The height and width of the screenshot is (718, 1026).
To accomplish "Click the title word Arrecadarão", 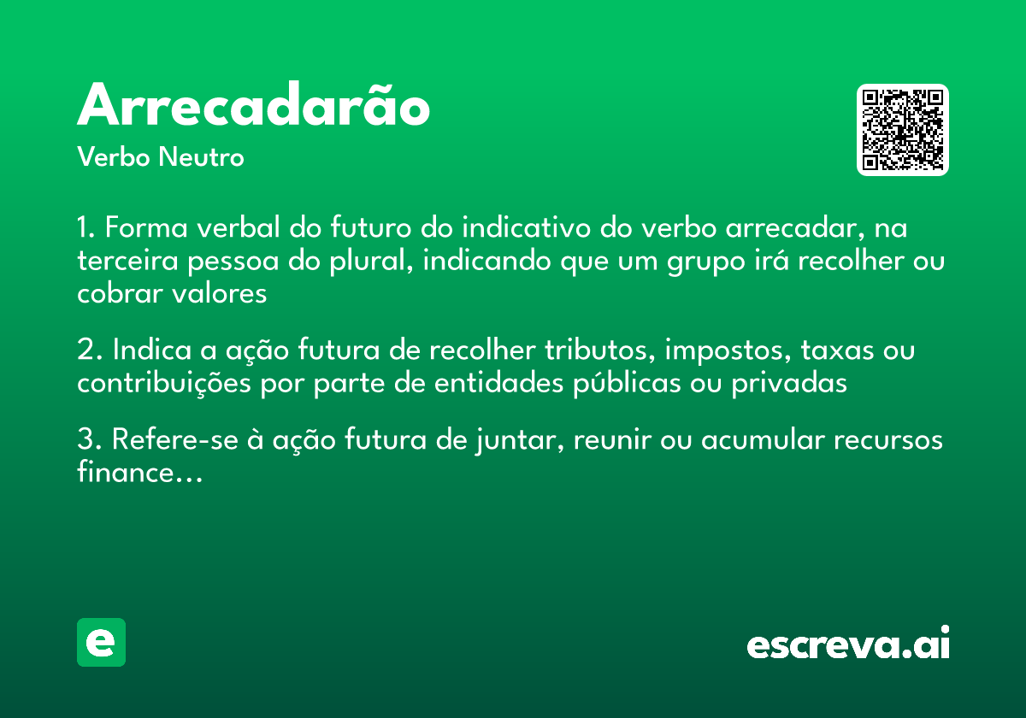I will click(x=253, y=107).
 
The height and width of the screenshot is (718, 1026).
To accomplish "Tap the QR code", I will click(x=903, y=130).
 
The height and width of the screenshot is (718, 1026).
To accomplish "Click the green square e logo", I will click(x=101, y=642).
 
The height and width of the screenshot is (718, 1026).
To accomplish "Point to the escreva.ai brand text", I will click(x=848, y=644).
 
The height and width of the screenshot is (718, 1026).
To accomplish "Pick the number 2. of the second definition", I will click(x=89, y=351).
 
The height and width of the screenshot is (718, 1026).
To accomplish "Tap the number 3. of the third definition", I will click(x=89, y=441).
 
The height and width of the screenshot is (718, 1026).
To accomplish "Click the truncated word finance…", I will click(x=139, y=473).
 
